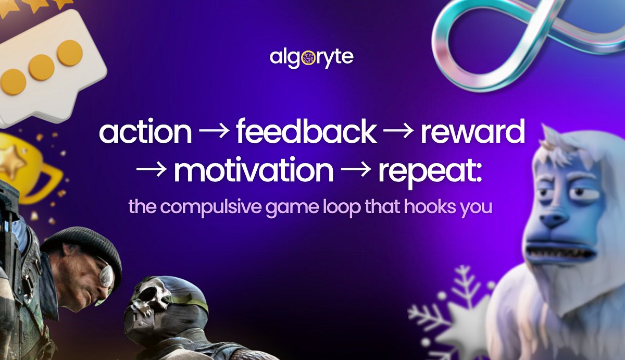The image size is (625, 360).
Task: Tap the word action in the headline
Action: (145, 133)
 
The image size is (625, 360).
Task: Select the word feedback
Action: (306, 133)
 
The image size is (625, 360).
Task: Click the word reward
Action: (472, 133)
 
